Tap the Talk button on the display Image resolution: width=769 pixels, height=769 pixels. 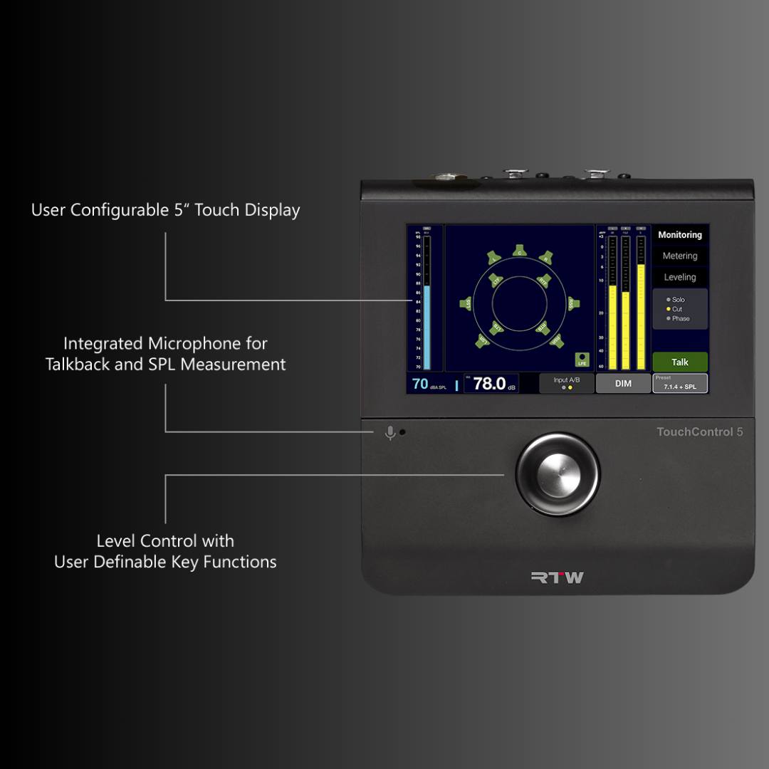pos(680,362)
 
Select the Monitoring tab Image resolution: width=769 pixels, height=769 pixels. pos(680,235)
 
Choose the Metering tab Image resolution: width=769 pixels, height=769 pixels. pos(680,256)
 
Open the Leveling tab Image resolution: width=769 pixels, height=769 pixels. pos(680,278)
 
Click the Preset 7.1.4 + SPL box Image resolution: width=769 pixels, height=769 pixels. pos(680,384)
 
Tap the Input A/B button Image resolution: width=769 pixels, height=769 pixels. pos(567,383)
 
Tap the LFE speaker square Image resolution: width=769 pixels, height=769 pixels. pos(582,360)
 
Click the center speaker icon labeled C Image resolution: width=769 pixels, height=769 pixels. pos(520,251)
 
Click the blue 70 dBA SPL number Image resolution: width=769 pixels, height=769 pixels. pos(420,384)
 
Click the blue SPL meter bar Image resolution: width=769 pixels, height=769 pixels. pos(427,328)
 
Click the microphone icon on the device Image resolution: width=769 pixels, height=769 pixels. pos(390,433)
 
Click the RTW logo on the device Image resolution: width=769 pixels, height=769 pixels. pos(558,577)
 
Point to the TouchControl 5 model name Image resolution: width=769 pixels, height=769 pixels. pos(699,431)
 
